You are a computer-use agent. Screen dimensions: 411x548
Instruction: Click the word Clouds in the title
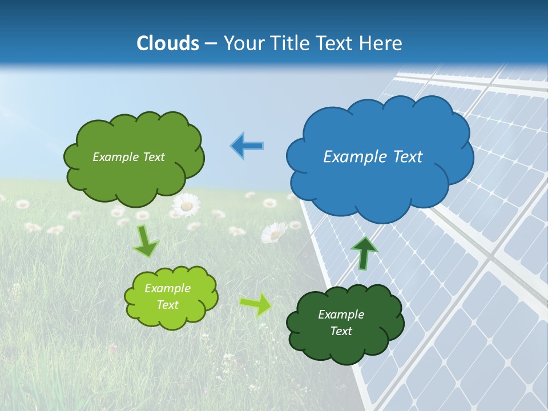click(x=167, y=43)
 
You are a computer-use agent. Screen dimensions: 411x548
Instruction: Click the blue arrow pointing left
click(x=247, y=146)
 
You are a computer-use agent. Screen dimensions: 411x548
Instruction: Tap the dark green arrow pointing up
click(x=365, y=252)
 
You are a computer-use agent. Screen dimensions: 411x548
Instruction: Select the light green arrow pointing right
click(x=256, y=304)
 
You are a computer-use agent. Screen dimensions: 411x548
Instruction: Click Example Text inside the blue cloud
click(x=373, y=156)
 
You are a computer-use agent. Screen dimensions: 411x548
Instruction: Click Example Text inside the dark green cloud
click(x=341, y=323)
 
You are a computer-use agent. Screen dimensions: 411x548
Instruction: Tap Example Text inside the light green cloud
click(x=167, y=296)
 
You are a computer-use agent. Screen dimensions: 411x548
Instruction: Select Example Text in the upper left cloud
click(x=128, y=157)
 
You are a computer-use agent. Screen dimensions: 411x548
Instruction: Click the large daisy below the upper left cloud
click(x=186, y=205)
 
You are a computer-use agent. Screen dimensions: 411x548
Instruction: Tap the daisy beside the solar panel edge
click(x=275, y=233)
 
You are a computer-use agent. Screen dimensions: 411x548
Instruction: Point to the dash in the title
click(x=211, y=44)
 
